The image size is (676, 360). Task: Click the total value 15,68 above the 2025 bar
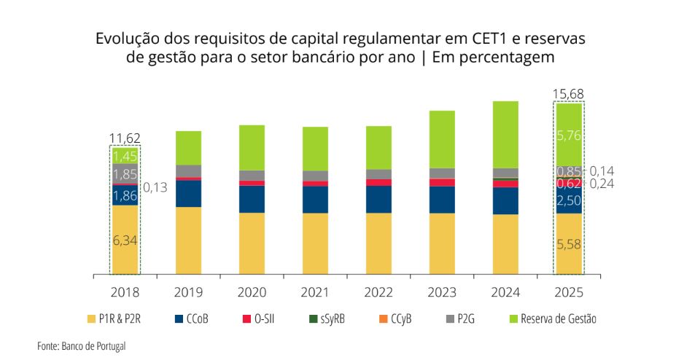click(568, 94)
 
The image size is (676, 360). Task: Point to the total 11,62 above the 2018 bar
click(125, 138)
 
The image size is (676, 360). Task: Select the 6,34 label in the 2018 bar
click(125, 240)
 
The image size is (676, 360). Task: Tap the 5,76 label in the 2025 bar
click(569, 136)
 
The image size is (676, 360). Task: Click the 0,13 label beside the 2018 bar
click(155, 187)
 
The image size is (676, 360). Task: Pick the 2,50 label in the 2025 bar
click(569, 200)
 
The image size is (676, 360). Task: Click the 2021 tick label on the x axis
click(315, 292)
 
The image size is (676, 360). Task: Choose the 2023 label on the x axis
click(442, 292)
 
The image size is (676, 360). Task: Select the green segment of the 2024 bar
click(505, 135)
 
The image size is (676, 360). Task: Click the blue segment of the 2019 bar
click(188, 194)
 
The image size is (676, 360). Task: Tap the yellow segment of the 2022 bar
click(378, 243)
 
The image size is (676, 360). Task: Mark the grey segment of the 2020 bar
click(252, 175)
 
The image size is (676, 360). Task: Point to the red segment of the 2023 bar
click(442, 183)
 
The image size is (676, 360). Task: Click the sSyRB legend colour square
click(313, 319)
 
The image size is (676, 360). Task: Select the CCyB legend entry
click(395, 319)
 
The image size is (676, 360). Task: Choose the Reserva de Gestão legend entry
click(553, 319)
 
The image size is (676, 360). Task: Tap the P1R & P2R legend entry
click(114, 319)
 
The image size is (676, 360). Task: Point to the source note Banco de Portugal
click(93, 345)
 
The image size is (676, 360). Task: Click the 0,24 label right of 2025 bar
click(602, 184)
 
